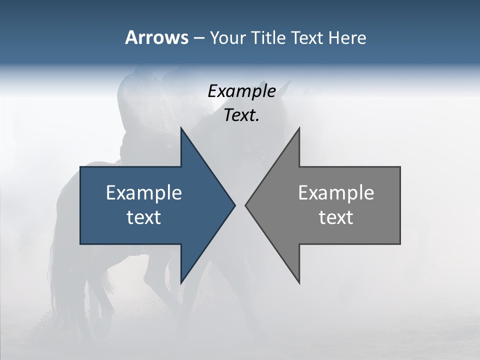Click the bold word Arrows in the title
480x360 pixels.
pos(156,37)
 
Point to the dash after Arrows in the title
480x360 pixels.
pos(198,38)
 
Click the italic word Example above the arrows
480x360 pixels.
pos(241,91)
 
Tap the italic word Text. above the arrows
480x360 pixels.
pos(241,115)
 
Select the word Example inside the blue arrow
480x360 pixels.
pos(144,192)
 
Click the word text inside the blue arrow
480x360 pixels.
pos(144,217)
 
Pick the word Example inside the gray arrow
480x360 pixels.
pos(336,192)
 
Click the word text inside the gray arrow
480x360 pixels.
pos(336,217)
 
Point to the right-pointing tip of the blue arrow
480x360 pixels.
pos(235,205)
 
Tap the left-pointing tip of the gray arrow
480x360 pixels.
pos(245,205)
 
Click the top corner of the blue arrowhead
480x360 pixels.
pos(181,127)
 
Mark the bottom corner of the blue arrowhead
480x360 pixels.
pos(181,283)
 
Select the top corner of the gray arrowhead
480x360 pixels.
pos(299,127)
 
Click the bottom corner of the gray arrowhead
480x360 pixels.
pos(299,283)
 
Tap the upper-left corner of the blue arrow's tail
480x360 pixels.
pos(80,167)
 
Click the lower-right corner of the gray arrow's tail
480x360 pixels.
pos(400,244)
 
